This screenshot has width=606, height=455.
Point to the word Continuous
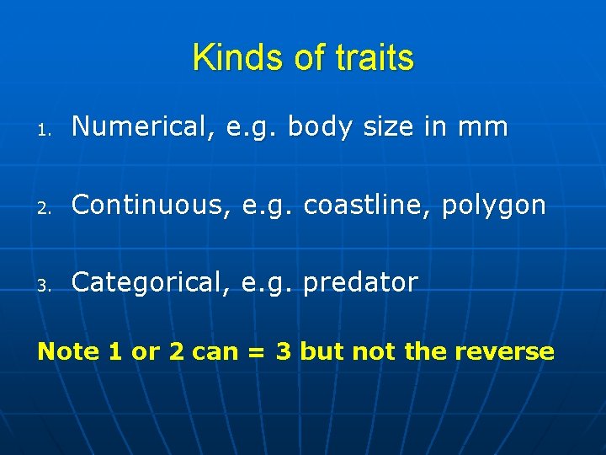pos(141,205)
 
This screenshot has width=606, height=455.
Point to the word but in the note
pos(320,351)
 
